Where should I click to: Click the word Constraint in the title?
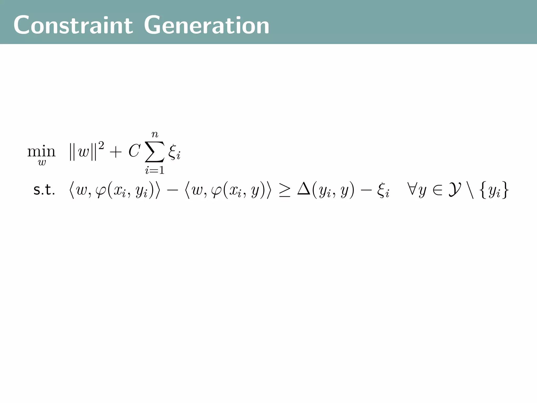[73, 25]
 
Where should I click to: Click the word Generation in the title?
[207, 25]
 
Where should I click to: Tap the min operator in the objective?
[41, 151]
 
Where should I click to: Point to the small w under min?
[42, 162]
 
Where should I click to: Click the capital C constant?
[134, 151]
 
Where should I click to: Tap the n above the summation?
[155, 134]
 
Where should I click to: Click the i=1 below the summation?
[155, 171]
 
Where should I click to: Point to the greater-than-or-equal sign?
[284, 191]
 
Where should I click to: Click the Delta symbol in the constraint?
[304, 189]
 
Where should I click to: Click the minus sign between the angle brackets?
[172, 191]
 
